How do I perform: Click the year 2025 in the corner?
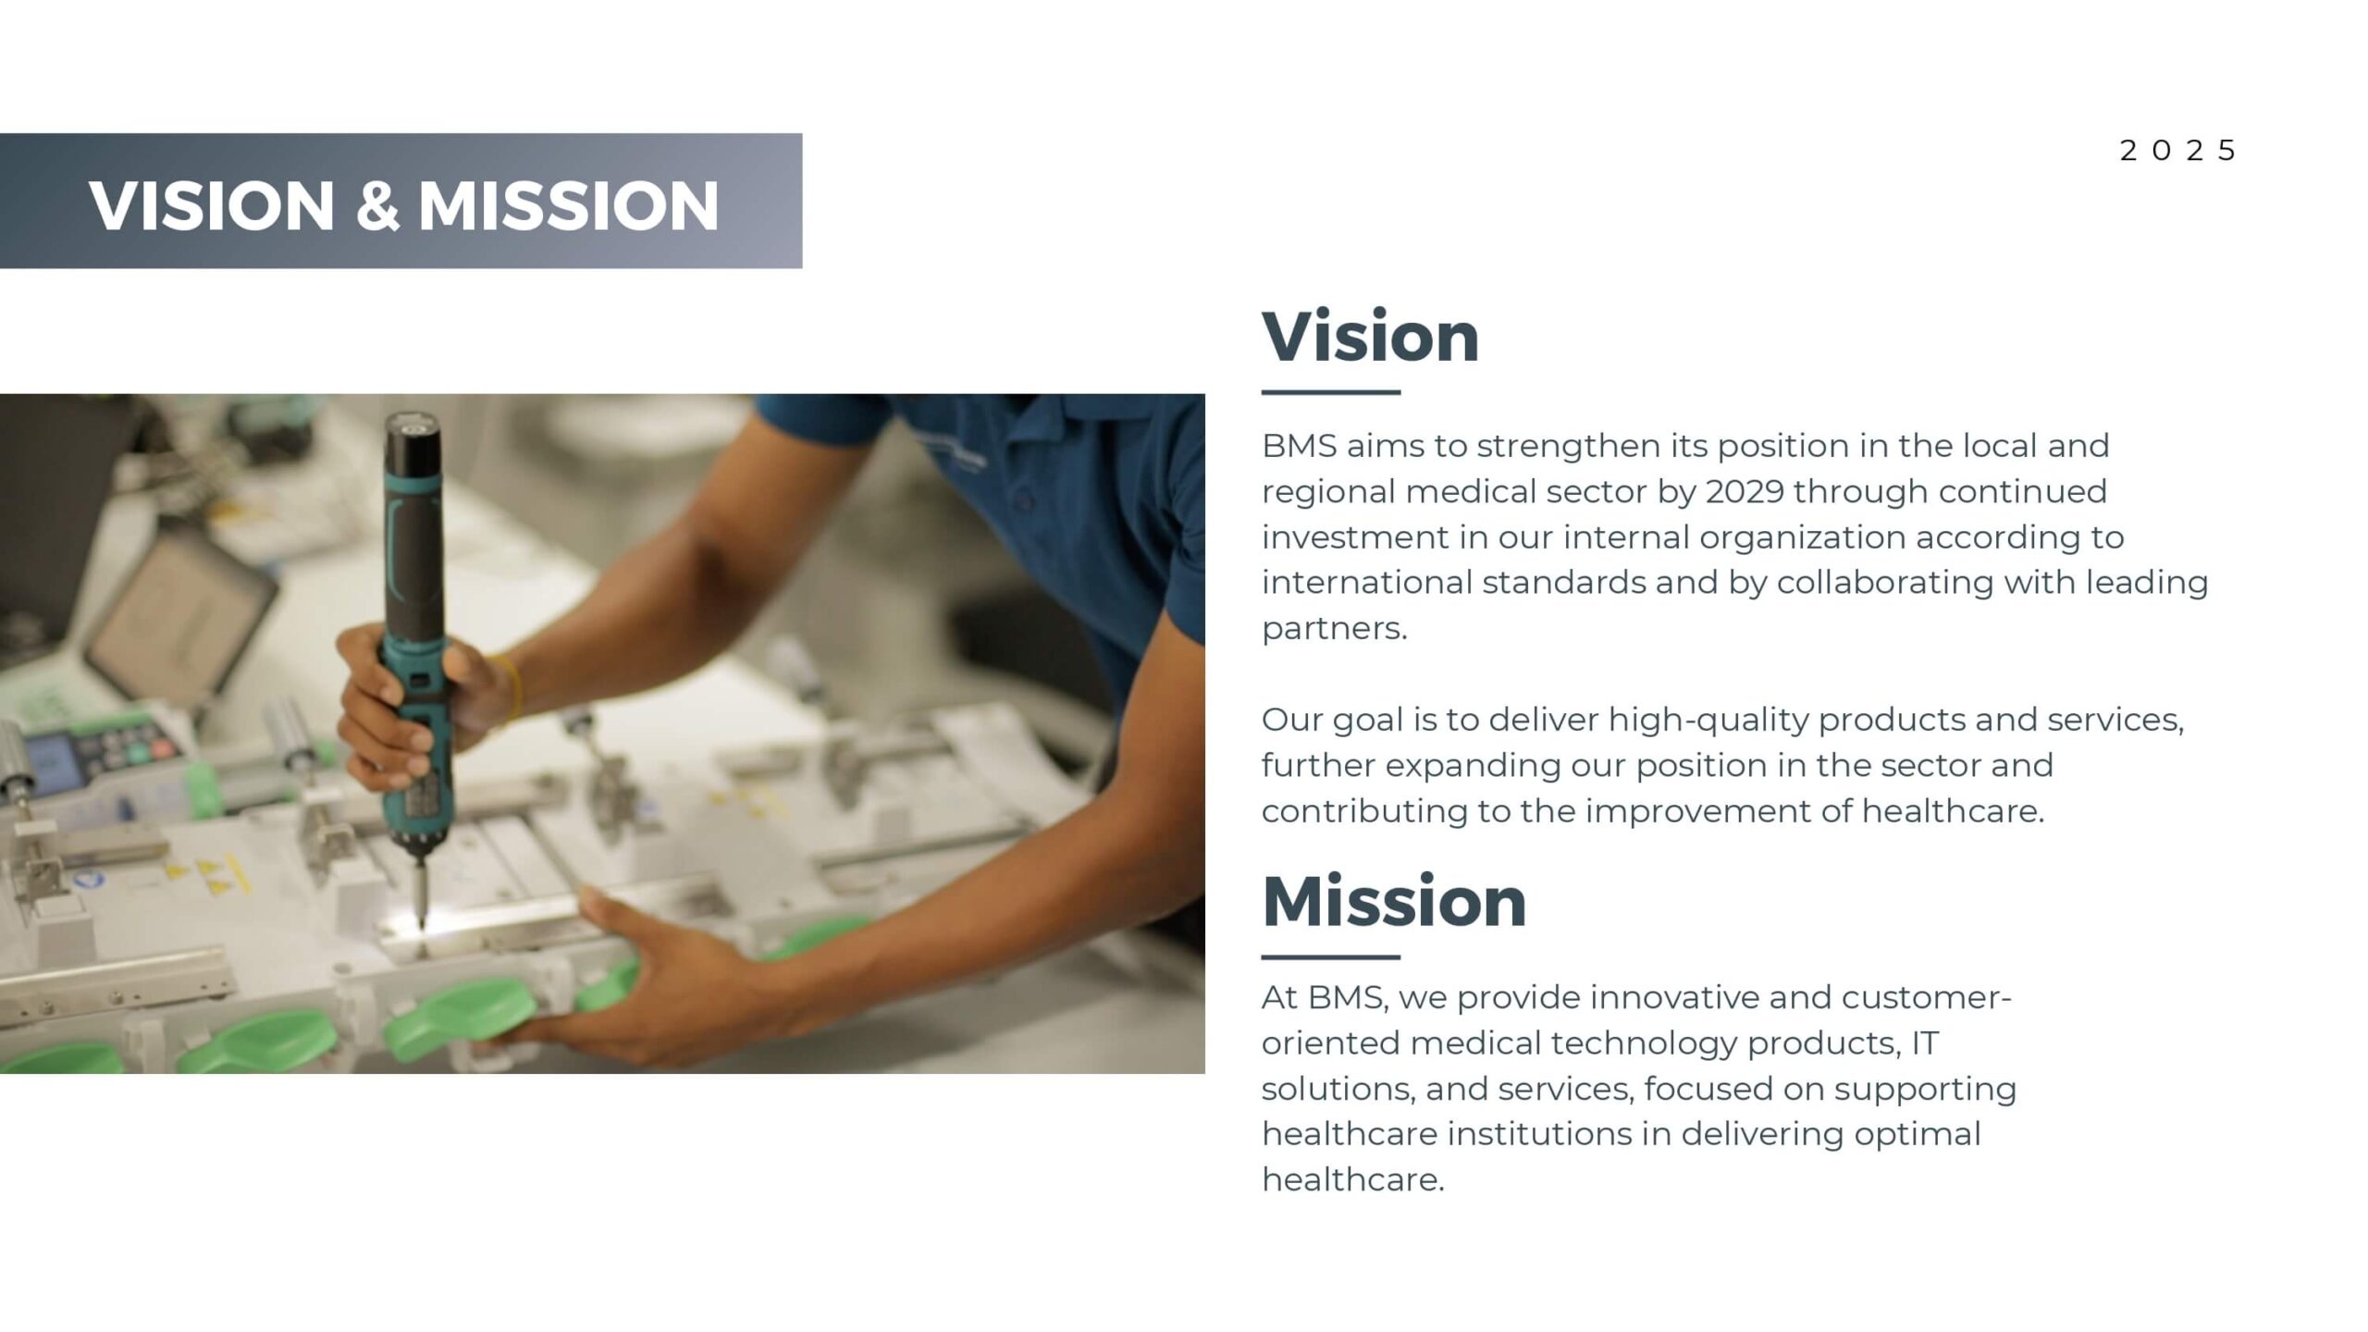[x=2177, y=151]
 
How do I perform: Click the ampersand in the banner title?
[x=377, y=205]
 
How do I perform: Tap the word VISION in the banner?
[x=212, y=205]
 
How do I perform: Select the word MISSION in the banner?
[x=569, y=205]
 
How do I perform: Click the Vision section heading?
[x=1371, y=337]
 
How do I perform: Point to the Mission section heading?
[x=1394, y=902]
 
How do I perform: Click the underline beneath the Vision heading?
[x=1331, y=392]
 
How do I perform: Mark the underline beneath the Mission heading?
[x=1331, y=956]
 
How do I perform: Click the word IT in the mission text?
[x=1925, y=1043]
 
